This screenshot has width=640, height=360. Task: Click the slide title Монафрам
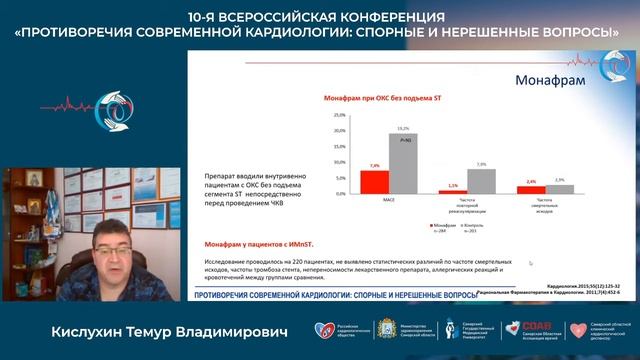(x=549, y=80)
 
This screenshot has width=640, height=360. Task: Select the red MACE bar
(x=374, y=180)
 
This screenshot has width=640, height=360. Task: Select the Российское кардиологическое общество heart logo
(x=322, y=332)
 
